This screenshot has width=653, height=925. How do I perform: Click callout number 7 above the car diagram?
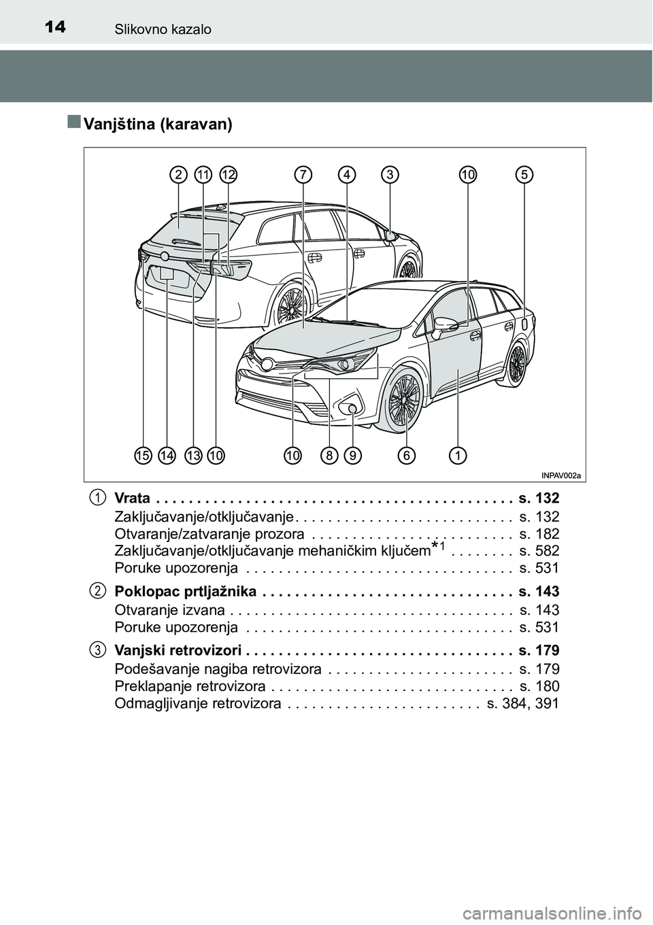tap(303, 175)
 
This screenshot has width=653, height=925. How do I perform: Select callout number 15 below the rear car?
tap(142, 454)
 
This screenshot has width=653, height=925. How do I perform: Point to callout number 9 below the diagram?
tap(352, 454)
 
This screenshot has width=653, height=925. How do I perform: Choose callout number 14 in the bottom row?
tap(167, 454)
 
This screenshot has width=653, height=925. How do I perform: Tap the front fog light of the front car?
tap(352, 409)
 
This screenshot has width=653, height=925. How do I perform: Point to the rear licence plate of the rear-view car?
tap(167, 274)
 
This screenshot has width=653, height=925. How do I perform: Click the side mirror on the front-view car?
tap(445, 324)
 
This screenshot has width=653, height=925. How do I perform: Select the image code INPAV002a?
tap(564, 475)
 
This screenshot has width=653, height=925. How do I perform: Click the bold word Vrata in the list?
tap(133, 498)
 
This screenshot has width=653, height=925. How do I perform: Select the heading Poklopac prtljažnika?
tap(186, 591)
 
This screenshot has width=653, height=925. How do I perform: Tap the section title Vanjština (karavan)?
tap(158, 124)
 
